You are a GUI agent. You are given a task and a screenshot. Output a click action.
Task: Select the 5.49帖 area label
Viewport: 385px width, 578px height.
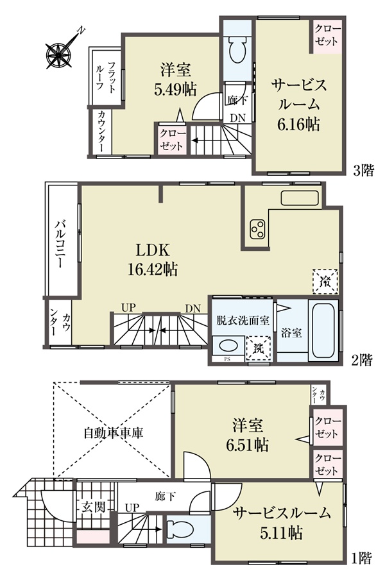click(175, 89)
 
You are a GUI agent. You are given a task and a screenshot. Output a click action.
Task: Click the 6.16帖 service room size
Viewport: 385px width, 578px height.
click(298, 124)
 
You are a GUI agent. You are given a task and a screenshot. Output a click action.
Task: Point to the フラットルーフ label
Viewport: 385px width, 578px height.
click(105, 77)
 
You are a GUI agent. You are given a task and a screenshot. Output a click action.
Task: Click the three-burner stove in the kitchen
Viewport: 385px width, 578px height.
click(257, 229)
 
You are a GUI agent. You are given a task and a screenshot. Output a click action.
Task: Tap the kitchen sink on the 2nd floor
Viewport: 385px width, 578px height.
click(300, 198)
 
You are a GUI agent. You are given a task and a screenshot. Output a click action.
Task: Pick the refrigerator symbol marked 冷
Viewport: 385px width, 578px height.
click(325, 281)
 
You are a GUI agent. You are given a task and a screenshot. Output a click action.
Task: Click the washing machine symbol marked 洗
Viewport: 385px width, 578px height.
click(259, 348)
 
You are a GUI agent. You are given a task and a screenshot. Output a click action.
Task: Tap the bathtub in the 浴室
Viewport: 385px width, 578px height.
click(323, 330)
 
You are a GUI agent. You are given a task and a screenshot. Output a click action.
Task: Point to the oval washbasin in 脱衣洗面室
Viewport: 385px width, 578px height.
click(228, 346)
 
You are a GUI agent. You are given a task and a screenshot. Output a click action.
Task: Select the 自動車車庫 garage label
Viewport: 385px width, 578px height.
click(113, 432)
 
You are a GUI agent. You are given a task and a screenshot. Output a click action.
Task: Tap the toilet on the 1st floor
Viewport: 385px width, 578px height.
click(180, 530)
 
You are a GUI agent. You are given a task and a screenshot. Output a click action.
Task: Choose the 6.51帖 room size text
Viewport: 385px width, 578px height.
click(247, 445)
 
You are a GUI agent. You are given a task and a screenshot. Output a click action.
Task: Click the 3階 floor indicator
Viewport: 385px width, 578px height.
click(363, 170)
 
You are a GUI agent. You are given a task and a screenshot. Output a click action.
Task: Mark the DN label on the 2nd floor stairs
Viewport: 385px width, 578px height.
click(193, 308)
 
